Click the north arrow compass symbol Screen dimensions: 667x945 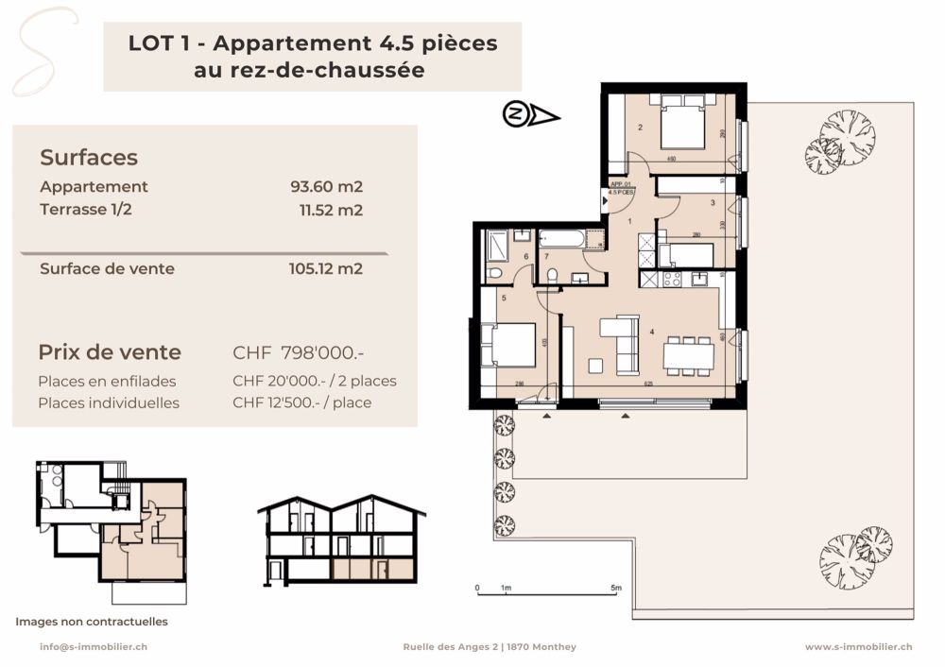[x=529, y=115]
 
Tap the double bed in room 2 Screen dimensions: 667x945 [x=683, y=126]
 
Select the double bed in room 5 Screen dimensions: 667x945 [x=507, y=345]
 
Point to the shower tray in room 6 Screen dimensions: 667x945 [x=497, y=246]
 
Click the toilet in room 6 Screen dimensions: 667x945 [x=496, y=272]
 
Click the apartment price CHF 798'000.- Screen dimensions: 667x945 [x=299, y=353]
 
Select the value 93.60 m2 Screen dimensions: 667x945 [x=326, y=187]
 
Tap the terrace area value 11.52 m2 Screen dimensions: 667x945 [x=330, y=211]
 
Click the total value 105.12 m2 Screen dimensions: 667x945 [x=325, y=268]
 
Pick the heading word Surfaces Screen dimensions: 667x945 [x=89, y=158]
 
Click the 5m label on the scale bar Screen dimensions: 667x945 [x=616, y=589]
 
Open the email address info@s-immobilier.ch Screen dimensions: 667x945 [x=93, y=647]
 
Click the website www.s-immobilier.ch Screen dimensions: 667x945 [x=858, y=647]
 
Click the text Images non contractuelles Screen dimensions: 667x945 [x=92, y=622]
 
